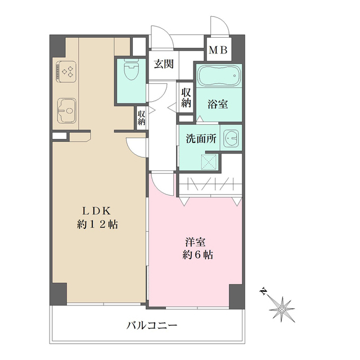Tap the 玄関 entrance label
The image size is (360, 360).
(x=163, y=64)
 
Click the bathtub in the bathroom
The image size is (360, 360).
(x=219, y=75)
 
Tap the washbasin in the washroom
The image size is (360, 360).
(x=231, y=138)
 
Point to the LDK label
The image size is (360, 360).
(x=99, y=211)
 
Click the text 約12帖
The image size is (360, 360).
(x=99, y=224)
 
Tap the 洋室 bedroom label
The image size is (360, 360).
(x=196, y=242)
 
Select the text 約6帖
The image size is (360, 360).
(x=196, y=255)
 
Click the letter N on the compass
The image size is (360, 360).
(x=263, y=291)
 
